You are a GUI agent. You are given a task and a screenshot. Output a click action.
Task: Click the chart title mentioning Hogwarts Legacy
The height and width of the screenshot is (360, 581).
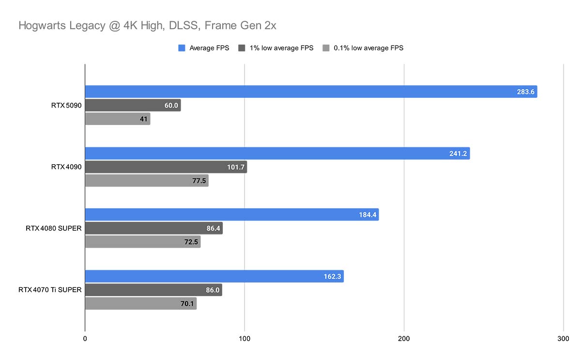(x=147, y=26)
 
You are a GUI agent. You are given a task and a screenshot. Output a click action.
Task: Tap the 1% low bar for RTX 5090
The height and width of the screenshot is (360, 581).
(x=133, y=105)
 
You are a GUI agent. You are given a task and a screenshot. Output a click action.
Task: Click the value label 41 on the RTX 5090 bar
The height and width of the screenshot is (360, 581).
(x=143, y=119)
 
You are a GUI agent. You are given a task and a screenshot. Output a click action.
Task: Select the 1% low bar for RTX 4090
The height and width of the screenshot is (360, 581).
(x=166, y=167)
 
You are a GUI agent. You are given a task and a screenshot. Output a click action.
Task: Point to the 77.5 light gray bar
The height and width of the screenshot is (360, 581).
(x=147, y=181)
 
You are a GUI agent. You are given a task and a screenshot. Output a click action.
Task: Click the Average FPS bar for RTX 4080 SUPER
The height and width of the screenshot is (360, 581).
(x=232, y=215)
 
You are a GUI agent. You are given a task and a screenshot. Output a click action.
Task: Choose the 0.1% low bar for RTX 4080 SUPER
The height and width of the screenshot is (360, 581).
(x=143, y=242)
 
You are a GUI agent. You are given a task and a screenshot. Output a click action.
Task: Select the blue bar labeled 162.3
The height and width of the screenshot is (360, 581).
(x=214, y=276)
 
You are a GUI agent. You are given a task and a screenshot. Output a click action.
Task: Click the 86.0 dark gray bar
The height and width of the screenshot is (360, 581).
(x=153, y=290)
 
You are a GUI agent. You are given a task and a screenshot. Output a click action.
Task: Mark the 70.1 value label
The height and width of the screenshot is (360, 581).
(x=186, y=304)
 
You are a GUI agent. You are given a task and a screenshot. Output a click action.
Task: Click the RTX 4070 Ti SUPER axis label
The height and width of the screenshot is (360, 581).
(x=50, y=290)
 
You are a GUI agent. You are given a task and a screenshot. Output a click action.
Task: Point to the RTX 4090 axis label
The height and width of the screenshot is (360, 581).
(x=66, y=167)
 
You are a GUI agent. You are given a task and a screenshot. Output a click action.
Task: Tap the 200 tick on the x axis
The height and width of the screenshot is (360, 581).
(x=404, y=339)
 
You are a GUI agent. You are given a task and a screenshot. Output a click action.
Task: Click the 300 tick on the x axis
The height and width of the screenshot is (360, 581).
(x=563, y=339)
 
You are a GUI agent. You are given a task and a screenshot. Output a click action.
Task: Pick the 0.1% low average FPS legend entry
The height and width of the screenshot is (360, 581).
(x=363, y=48)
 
